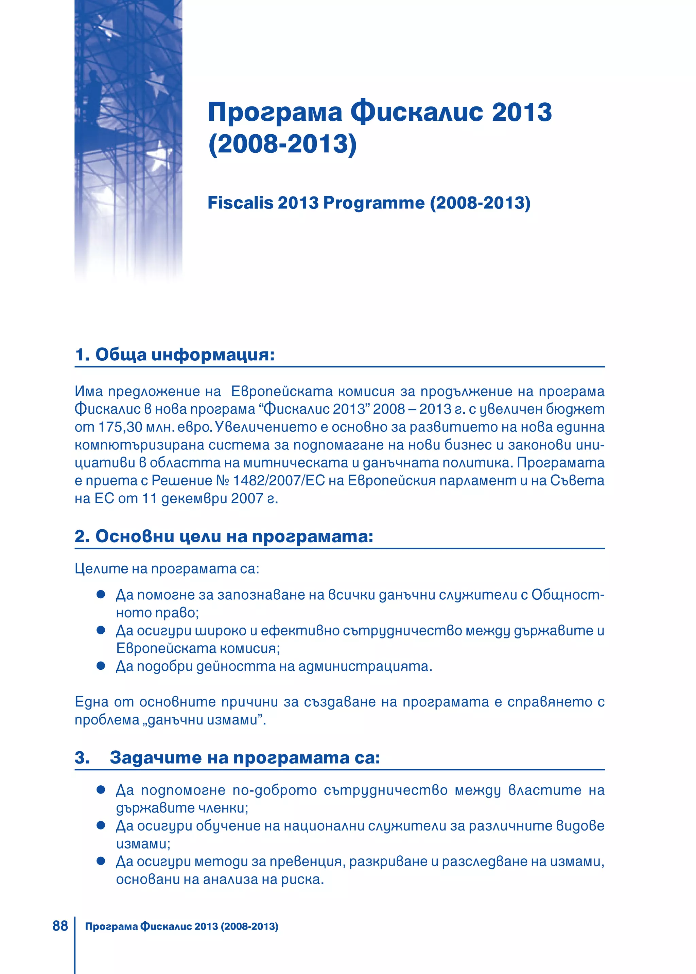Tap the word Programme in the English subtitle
click(x=373, y=203)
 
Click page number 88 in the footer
click(x=60, y=926)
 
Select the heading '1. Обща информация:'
click(x=174, y=355)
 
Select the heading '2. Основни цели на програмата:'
click(x=224, y=537)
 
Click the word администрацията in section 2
click(x=365, y=667)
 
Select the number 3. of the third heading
click(x=82, y=758)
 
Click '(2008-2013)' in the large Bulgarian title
click(x=282, y=144)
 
